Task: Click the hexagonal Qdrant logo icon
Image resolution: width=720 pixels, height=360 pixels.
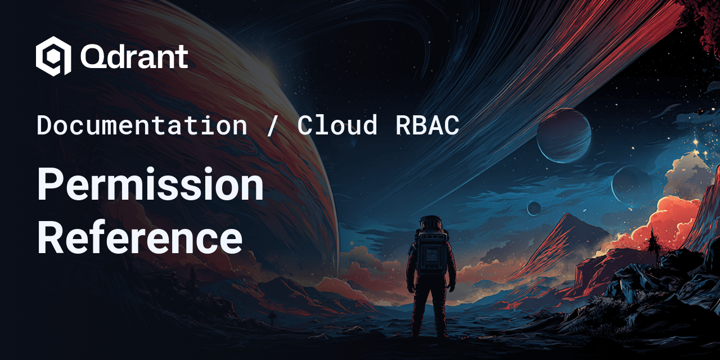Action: click(53, 56)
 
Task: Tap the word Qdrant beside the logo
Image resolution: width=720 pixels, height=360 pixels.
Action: click(134, 57)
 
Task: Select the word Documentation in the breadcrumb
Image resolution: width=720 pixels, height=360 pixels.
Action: click(142, 125)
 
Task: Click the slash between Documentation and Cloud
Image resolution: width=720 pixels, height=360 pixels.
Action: click(272, 125)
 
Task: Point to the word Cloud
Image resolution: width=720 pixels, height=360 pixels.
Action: click(337, 125)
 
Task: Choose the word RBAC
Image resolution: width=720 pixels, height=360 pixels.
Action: click(427, 125)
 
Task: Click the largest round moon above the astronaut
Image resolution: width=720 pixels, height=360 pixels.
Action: click(563, 136)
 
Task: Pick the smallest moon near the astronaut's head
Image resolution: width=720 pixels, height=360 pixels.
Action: click(533, 208)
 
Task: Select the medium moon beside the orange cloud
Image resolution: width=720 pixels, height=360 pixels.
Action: click(631, 185)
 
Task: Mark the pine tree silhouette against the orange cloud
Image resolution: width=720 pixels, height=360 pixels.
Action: click(652, 242)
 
